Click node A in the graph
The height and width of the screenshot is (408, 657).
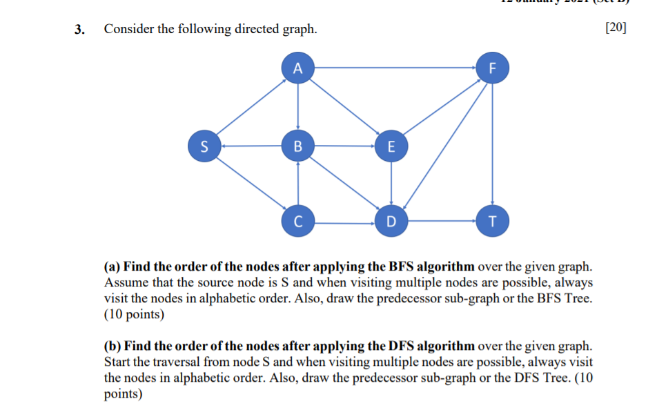(x=297, y=68)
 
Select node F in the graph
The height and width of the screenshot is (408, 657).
(x=491, y=68)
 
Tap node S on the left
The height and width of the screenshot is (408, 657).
(x=203, y=146)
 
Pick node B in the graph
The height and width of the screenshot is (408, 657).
(x=297, y=146)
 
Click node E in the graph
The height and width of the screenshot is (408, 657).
(x=391, y=146)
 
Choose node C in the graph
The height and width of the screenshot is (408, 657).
(x=297, y=222)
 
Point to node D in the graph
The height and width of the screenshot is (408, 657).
(x=391, y=222)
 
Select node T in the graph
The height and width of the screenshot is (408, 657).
(x=491, y=222)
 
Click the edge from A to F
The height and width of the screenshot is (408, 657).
(x=394, y=68)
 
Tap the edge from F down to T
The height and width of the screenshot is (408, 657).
(x=491, y=145)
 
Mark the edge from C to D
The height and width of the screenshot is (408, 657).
(x=344, y=222)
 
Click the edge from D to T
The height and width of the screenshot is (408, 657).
(x=442, y=222)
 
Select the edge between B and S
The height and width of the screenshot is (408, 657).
(x=250, y=146)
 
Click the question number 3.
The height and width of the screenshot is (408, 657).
(x=81, y=30)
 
